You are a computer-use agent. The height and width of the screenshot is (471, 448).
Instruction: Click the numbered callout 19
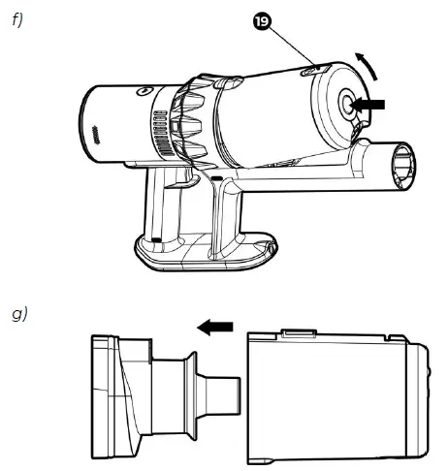262,22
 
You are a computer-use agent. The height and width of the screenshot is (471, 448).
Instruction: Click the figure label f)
17,20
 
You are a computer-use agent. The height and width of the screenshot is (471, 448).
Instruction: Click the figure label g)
19,314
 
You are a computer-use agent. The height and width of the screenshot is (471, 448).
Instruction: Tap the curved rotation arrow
368,65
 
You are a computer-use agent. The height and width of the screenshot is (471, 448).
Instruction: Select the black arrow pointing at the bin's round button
368,105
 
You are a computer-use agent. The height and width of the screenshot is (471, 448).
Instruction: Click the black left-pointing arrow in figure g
215,327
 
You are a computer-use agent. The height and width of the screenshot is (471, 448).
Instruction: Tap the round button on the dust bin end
347,104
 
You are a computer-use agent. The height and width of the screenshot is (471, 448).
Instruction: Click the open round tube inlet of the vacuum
403,167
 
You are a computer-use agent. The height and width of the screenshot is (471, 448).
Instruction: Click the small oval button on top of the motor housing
144,91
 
